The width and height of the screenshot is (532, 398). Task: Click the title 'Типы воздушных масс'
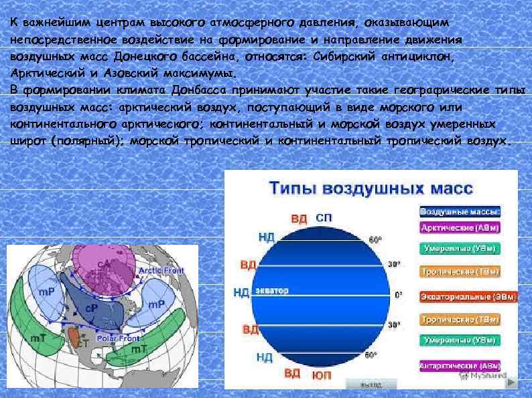coord(371,188)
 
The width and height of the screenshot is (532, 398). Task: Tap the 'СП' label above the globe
coord(323,218)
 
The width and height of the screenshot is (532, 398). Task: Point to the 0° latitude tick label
coord(399,294)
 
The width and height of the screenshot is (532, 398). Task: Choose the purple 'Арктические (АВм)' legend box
coord(460,227)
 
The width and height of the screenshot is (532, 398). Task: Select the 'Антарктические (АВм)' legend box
coord(460,366)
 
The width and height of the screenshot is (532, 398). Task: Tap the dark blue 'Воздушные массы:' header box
coord(460,211)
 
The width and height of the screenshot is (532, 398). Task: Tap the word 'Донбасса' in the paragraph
coord(200,90)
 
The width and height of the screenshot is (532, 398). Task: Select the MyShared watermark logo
coord(483,377)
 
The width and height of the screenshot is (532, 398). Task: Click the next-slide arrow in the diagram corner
coord(511,385)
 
